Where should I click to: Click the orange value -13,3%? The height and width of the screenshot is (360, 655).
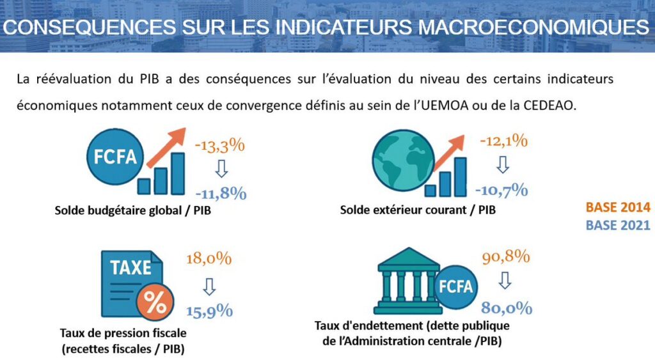(x=219, y=145)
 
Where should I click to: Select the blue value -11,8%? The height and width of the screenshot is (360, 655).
(x=221, y=192)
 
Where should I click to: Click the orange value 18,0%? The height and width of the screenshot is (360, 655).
(x=209, y=259)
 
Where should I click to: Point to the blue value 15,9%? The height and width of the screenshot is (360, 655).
(x=210, y=311)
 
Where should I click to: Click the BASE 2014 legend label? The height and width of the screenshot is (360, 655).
(x=618, y=208)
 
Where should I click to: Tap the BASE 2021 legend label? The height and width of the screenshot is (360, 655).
(x=618, y=225)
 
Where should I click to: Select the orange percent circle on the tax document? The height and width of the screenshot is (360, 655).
(x=154, y=302)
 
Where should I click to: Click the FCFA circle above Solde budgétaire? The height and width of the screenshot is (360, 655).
(x=116, y=157)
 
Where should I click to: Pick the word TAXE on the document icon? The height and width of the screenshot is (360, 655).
(x=130, y=267)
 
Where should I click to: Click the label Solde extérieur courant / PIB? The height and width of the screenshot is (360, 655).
(x=418, y=210)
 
